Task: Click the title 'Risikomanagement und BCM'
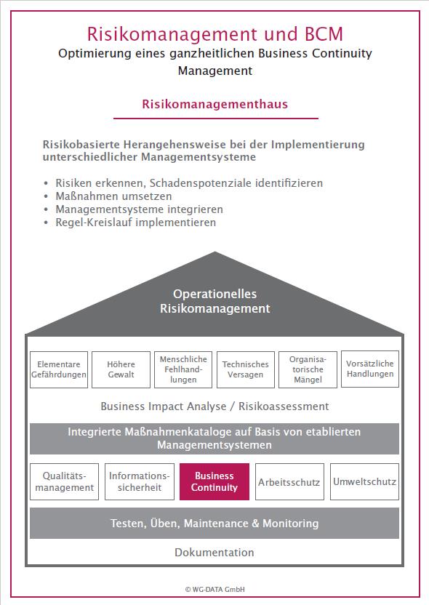point(215,34)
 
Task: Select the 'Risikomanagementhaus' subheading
point(215,104)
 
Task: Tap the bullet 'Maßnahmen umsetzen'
point(113,196)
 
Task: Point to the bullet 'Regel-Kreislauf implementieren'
point(135,223)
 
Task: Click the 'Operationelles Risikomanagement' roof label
point(215,301)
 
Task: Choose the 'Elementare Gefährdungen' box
point(59,369)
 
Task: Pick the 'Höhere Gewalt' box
point(121,369)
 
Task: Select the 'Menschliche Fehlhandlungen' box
point(183,369)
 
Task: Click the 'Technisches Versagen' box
point(246,369)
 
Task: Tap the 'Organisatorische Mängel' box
point(308,369)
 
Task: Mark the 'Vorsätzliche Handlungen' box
point(370,369)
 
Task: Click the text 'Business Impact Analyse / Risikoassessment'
point(215,406)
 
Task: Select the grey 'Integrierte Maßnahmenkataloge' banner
point(214,438)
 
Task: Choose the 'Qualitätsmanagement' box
point(65,481)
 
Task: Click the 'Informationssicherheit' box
point(140,481)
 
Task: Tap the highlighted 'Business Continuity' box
point(214,481)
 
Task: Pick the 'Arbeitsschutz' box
point(289,481)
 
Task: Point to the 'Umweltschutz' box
point(364,481)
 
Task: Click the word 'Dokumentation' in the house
point(214,552)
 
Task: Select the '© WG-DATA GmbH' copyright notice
point(215,589)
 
